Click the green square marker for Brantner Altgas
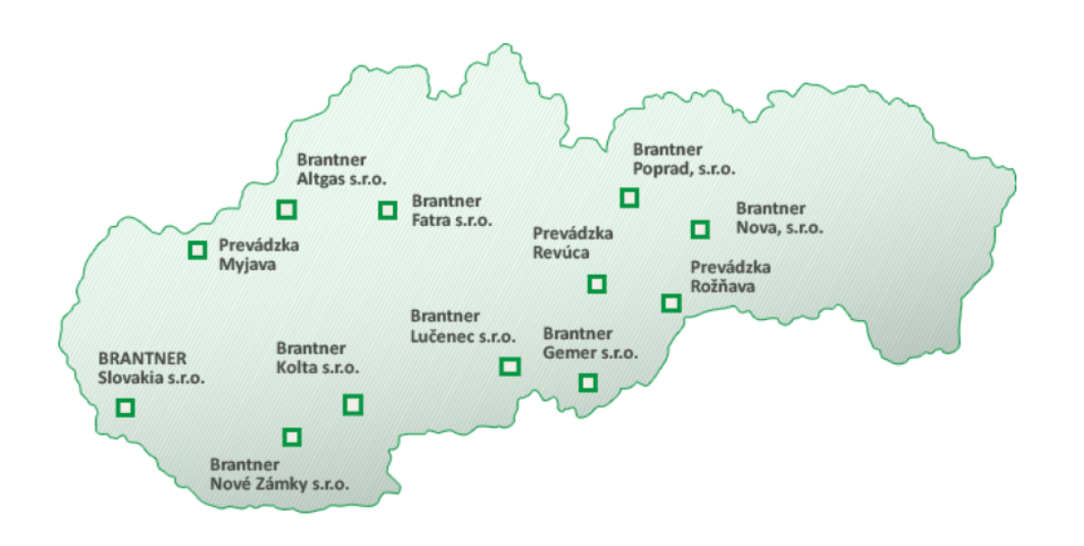point(286,210)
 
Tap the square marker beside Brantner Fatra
point(388,211)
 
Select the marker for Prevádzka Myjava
point(197,250)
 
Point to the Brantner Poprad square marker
point(629,197)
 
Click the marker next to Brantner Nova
point(699,230)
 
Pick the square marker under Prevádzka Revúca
point(596,285)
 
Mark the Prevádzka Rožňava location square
point(670,303)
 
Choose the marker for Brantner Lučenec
point(510,366)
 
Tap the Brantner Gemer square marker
point(588,382)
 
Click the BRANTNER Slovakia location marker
point(126,408)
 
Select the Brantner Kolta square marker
point(353,404)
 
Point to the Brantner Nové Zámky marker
point(291,438)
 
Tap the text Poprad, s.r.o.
point(684,168)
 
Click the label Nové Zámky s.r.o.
point(279,485)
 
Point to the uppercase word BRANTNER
point(143,357)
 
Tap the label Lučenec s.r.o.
point(463,337)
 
